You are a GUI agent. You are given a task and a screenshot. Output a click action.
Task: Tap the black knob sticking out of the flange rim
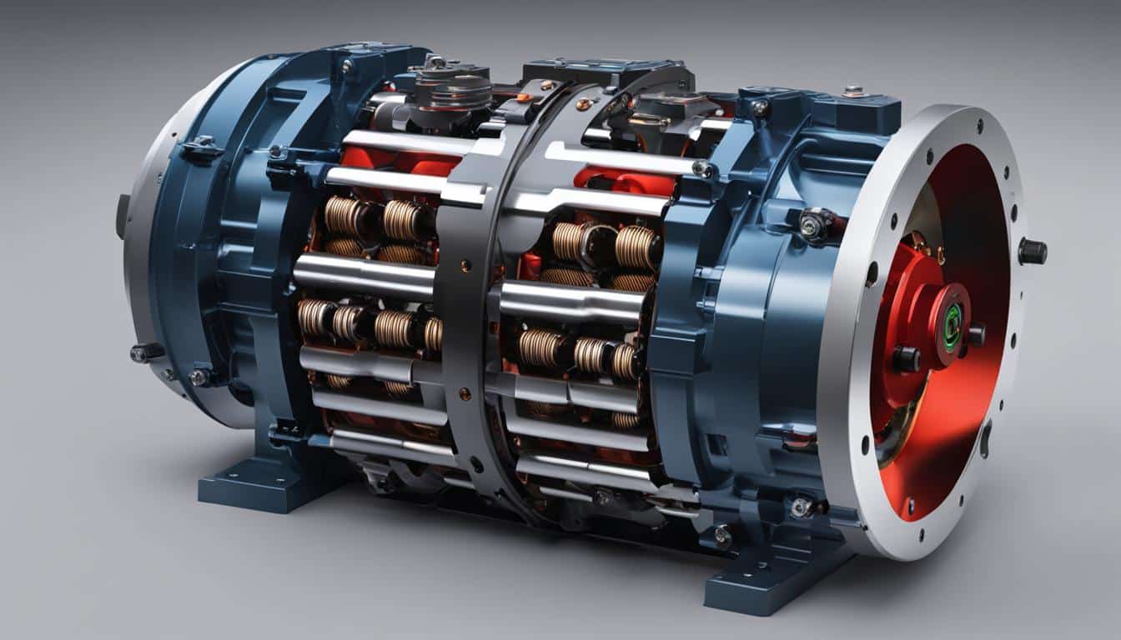click(1032, 251)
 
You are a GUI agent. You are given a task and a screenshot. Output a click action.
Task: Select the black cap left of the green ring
click(907, 358)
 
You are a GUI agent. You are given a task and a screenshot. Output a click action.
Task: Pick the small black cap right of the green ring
click(975, 334)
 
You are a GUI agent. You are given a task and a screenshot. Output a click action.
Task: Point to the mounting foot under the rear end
click(250, 483)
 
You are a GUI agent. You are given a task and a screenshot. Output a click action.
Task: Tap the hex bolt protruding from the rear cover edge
click(147, 352)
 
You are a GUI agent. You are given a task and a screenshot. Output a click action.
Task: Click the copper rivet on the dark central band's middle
click(465, 392)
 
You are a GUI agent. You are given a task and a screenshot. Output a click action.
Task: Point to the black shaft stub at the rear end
click(123, 216)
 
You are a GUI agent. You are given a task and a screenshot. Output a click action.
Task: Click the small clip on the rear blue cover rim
click(201, 149)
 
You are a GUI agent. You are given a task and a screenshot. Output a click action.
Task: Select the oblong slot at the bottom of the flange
click(986, 438)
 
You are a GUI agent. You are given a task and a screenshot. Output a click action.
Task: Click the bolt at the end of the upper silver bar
click(702, 169)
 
